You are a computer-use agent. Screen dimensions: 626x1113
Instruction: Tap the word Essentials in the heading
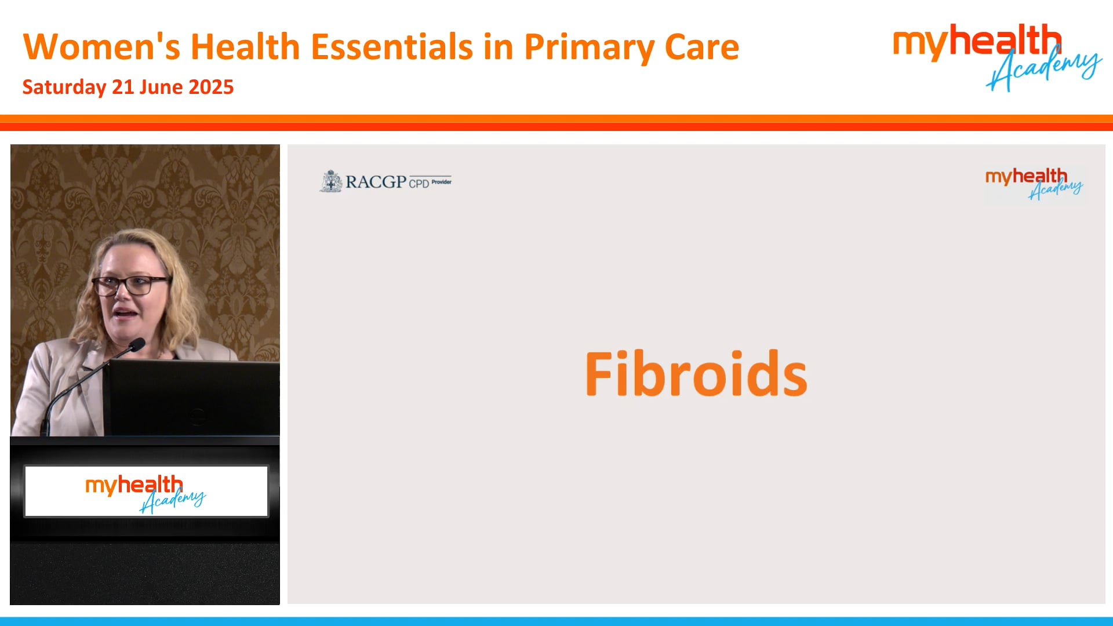coord(392,47)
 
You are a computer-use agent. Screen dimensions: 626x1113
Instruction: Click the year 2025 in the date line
coord(211,87)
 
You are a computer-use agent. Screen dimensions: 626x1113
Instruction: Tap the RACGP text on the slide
coord(376,182)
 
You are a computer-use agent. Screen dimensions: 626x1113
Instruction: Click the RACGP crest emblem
coord(331,181)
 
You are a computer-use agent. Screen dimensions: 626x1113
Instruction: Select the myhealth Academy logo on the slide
coord(1034,184)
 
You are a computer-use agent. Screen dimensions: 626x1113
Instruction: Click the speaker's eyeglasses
coord(130,285)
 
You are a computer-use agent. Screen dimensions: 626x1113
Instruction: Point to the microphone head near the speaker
coord(137,345)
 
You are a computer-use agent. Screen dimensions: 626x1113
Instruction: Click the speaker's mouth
coord(126,313)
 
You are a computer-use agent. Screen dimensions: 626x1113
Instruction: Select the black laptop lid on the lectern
coord(191,397)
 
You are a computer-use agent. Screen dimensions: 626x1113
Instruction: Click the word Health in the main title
coord(245,47)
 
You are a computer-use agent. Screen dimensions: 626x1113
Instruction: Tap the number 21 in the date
coord(123,87)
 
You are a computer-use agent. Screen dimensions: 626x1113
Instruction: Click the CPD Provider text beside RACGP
coord(430,183)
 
